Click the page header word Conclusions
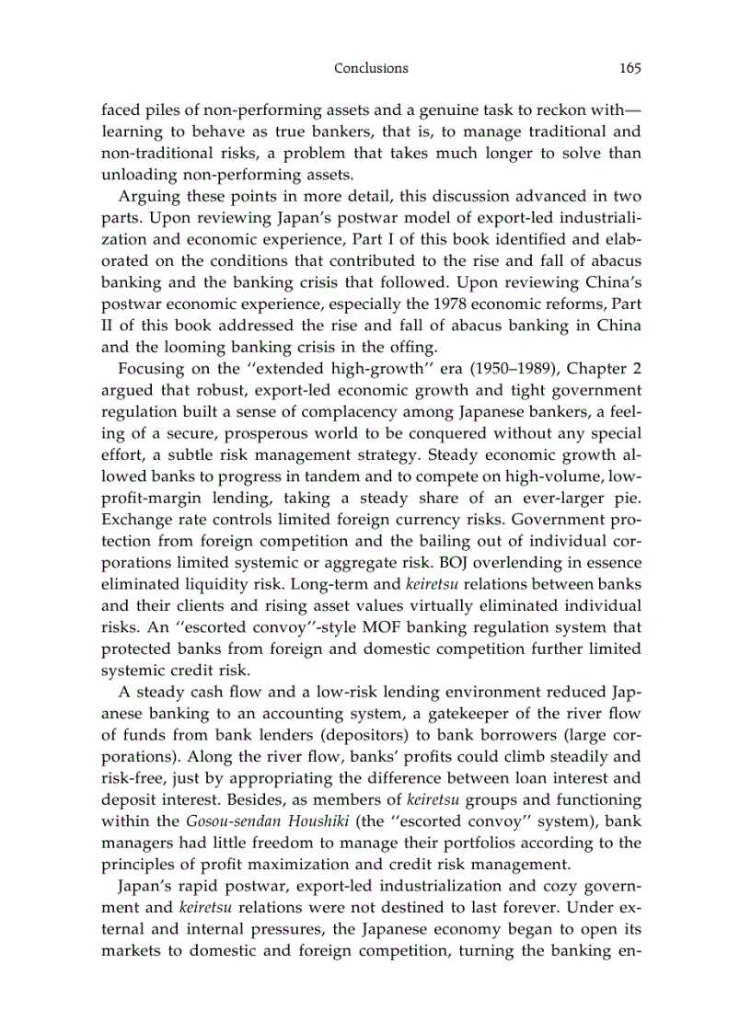[371, 68]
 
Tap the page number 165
[630, 68]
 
